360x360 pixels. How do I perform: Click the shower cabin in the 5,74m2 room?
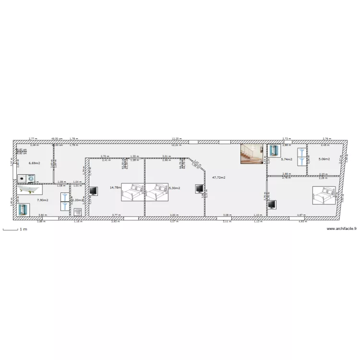pyautogui.click(x=274, y=151)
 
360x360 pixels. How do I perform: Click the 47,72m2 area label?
pyautogui.click(x=219, y=177)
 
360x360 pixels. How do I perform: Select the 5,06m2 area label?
pyautogui.click(x=324, y=159)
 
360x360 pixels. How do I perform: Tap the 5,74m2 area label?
pyautogui.click(x=287, y=159)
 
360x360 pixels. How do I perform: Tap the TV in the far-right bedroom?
pyautogui.click(x=272, y=204)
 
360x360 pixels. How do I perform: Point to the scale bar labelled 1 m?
pyautogui.click(x=11, y=229)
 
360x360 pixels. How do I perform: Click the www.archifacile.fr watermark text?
pyautogui.click(x=341, y=229)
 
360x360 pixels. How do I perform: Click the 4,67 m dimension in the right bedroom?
pyautogui.click(x=300, y=216)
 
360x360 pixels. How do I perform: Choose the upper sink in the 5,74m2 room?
pyautogui.click(x=301, y=151)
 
